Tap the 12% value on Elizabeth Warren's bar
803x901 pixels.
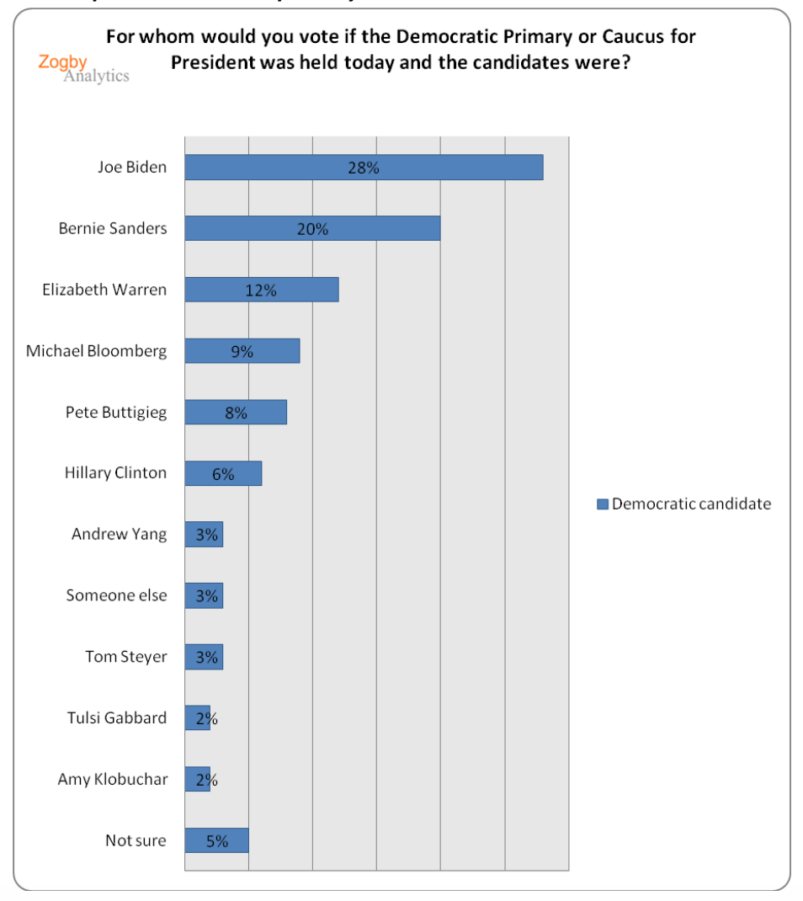coord(261,290)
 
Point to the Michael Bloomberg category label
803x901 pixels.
coord(96,351)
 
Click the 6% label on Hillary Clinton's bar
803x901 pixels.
coord(223,474)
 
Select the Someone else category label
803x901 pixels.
coord(116,595)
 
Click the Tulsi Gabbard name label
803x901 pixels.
coord(117,718)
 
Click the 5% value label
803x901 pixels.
coord(217,840)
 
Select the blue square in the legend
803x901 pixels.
coord(603,504)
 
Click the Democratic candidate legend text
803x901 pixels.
coord(691,504)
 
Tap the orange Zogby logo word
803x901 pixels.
coord(62,61)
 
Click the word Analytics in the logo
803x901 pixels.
coord(96,76)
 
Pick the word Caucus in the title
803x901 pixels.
coord(612,37)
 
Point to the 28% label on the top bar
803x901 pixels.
coord(364,168)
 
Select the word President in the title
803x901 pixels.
coord(210,64)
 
